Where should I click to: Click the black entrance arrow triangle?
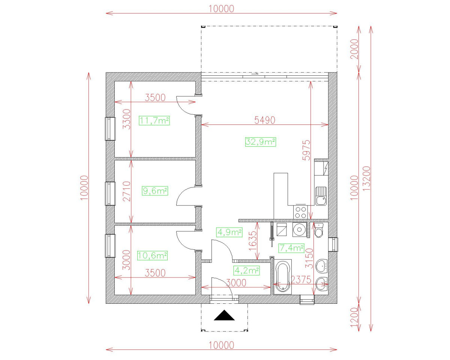pyautogui.click(x=224, y=316)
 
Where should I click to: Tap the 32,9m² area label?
pyautogui.click(x=261, y=142)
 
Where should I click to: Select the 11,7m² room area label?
pyautogui.click(x=154, y=121)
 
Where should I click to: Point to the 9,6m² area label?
pyautogui.click(x=154, y=191)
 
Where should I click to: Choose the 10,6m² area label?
pyautogui.click(x=153, y=256)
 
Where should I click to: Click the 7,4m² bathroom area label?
pyautogui.click(x=291, y=248)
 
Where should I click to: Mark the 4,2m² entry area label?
pyautogui.click(x=247, y=270)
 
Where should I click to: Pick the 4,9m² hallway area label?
pyautogui.click(x=229, y=232)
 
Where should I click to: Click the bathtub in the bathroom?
pyautogui.click(x=282, y=277)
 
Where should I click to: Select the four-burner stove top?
pyautogui.click(x=301, y=212)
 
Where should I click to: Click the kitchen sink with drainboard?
pyautogui.click(x=321, y=196)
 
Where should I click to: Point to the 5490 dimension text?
pyautogui.click(x=265, y=120)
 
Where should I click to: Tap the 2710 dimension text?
pyautogui.click(x=126, y=191)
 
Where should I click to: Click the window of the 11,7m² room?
pyautogui.click(x=109, y=129)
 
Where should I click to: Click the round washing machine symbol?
pyautogui.click(x=299, y=229)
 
